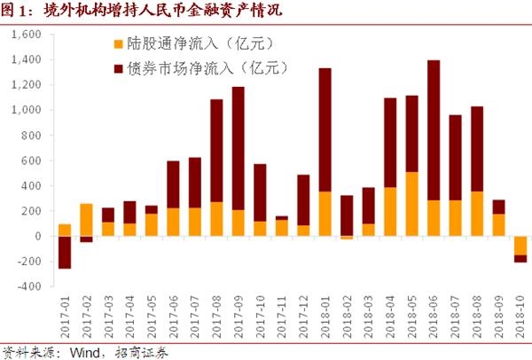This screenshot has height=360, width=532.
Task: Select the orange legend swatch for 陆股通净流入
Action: coord(119,43)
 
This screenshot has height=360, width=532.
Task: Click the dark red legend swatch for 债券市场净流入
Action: coord(119,67)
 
